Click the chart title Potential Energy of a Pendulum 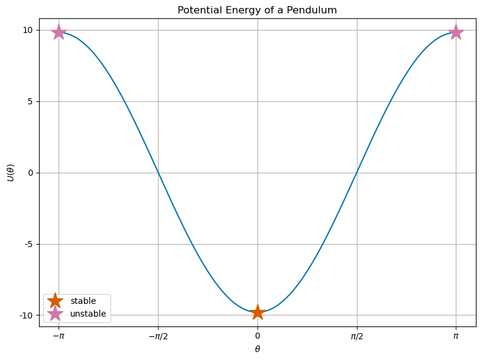pyautogui.click(x=257, y=10)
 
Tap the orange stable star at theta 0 pyautogui.click(x=257, y=312)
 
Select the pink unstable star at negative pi pyautogui.click(x=59, y=32)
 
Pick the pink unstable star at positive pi pyautogui.click(x=456, y=32)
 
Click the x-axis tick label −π pyautogui.click(x=59, y=336)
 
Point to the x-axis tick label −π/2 pyautogui.click(x=158, y=336)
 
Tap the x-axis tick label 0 pyautogui.click(x=257, y=336)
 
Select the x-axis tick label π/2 pyautogui.click(x=357, y=336)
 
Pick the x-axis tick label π pyautogui.click(x=456, y=336)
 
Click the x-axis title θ pyautogui.click(x=257, y=349)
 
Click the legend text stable pyautogui.click(x=83, y=301)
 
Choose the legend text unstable pyautogui.click(x=88, y=314)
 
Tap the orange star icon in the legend pyautogui.click(x=56, y=301)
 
